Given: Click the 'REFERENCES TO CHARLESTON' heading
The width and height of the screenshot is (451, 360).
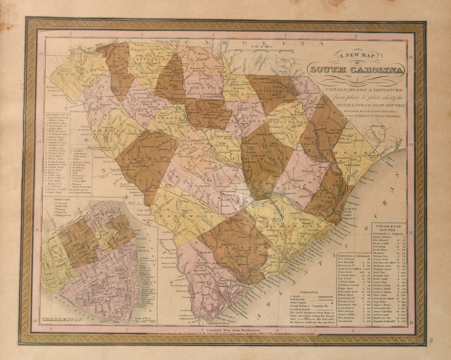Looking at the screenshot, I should [x=57, y=117].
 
